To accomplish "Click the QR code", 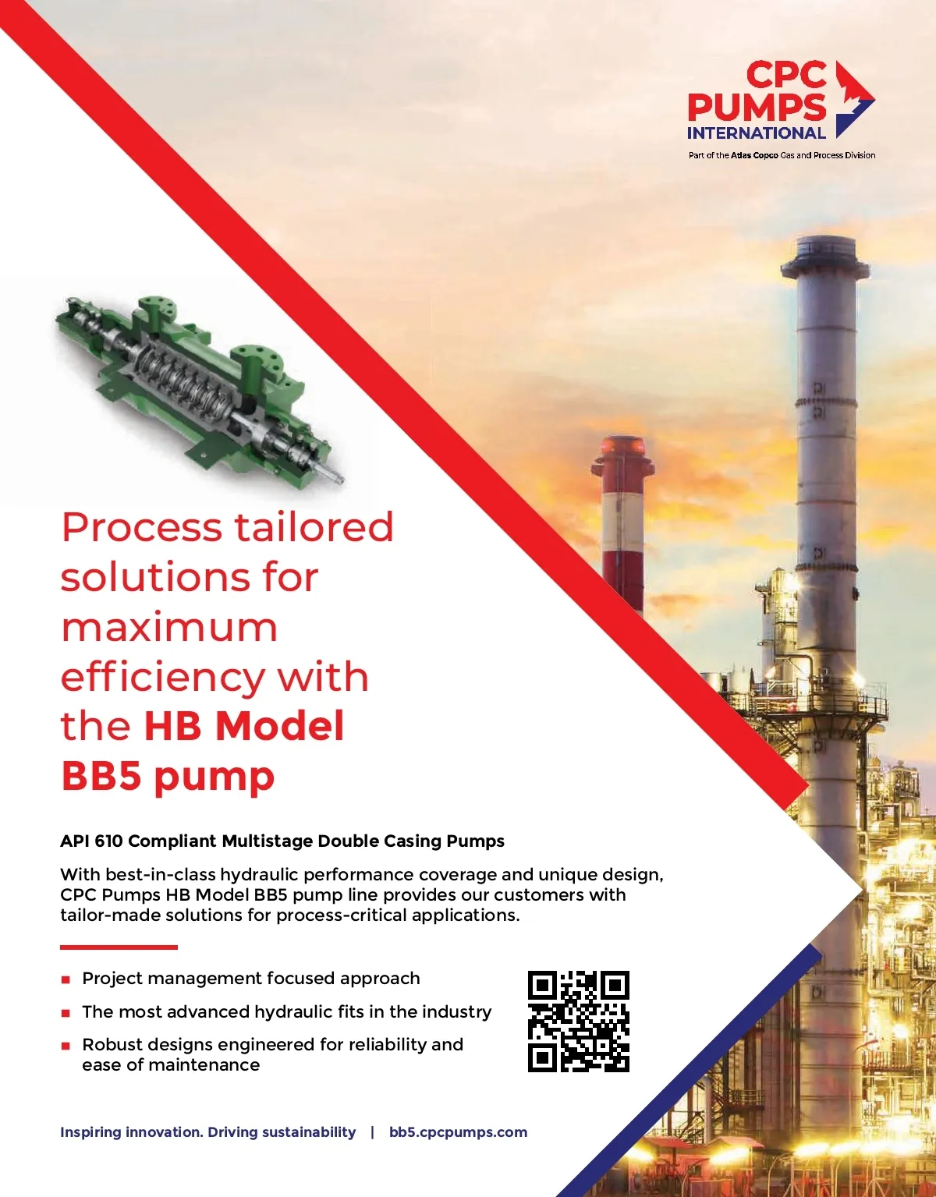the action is coord(579,1022).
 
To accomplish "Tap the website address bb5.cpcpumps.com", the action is coord(459,1132).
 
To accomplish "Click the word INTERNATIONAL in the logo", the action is coord(756,133).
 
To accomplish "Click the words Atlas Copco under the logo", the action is coord(754,155).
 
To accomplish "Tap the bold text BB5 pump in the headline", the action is coord(168,776).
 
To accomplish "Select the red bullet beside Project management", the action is coord(66,979).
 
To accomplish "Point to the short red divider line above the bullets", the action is coord(119,947).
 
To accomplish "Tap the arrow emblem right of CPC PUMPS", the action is coord(854,99).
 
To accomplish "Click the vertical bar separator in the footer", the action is coord(372,1132).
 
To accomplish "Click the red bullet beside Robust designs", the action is coord(66,1046).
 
